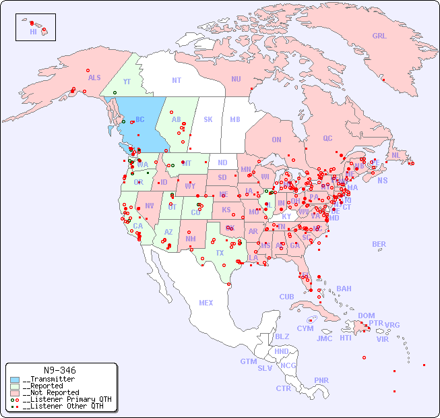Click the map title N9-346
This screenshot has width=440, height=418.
[59, 370]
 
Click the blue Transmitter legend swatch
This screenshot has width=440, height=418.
[15, 380]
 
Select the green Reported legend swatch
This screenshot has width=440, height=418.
[15, 386]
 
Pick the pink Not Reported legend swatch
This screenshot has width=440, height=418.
[15, 392]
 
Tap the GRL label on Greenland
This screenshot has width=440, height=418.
[379, 36]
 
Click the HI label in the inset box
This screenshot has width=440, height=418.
[33, 32]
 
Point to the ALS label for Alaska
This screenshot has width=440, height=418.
[94, 78]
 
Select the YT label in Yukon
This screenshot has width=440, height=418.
[127, 82]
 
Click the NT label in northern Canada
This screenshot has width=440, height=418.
[176, 80]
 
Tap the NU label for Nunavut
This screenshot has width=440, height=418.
[236, 79]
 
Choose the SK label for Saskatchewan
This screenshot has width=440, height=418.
[208, 119]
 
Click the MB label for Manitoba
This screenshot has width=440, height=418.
[235, 119]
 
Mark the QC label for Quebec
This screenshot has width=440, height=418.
[327, 138]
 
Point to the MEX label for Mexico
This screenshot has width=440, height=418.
[206, 303]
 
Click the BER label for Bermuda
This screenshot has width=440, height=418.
[379, 244]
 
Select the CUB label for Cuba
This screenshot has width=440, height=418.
[286, 297]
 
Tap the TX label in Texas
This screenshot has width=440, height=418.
[220, 253]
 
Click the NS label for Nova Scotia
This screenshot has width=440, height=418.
[382, 180]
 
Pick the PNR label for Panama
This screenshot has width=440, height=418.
[321, 380]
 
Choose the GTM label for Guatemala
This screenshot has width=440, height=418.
[248, 361]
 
